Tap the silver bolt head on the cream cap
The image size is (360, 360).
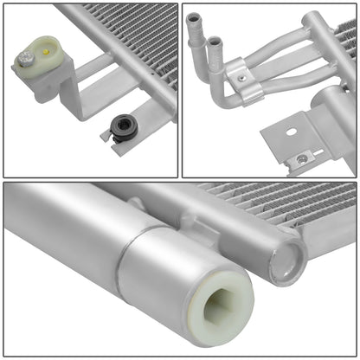28,56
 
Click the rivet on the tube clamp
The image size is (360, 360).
243,77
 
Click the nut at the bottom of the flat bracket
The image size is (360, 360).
301,159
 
